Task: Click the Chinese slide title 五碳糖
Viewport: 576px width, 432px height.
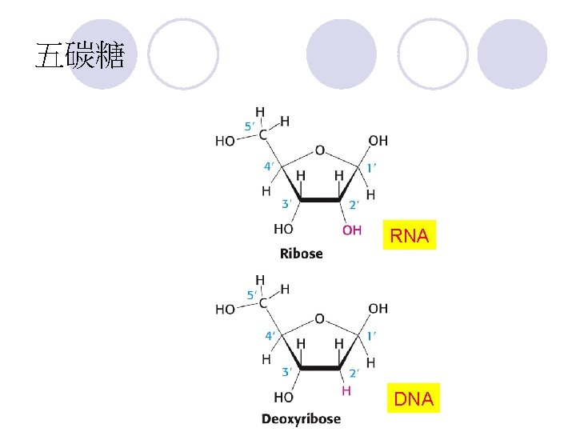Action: tap(80, 55)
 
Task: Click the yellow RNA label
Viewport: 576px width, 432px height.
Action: tap(410, 234)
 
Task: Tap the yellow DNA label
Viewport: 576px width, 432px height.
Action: tap(414, 398)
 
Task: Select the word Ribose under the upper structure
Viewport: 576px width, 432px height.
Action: tap(302, 254)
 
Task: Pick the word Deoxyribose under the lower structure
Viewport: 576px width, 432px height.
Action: tap(301, 418)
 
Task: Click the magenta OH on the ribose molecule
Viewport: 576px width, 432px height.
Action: tap(352, 230)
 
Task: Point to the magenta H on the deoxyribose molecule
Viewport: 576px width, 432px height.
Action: tap(346, 391)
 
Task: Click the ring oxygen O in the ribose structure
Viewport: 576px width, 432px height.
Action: tap(320, 150)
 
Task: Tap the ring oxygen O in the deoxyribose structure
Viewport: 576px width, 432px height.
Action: tap(319, 318)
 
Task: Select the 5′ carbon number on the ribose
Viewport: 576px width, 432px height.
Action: tap(250, 126)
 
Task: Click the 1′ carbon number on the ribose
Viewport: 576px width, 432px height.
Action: tap(371, 168)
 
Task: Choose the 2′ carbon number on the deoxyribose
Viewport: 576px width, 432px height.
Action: tap(354, 374)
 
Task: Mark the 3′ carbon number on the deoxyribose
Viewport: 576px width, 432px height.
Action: tap(287, 372)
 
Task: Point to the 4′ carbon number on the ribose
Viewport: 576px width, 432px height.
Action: tap(269, 166)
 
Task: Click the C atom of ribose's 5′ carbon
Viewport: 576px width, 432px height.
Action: tap(262, 135)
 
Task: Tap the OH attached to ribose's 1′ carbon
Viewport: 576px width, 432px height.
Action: tap(378, 140)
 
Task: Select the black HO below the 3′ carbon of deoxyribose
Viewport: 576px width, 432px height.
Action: tap(283, 397)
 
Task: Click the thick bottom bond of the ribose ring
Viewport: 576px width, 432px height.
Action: tap(320, 200)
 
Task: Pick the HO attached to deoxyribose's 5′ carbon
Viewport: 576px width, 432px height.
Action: tap(225, 310)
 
